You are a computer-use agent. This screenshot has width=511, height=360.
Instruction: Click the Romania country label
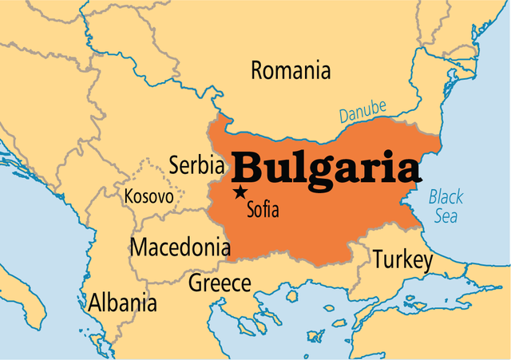click(x=291, y=71)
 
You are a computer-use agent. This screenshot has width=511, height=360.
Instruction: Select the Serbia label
click(x=196, y=165)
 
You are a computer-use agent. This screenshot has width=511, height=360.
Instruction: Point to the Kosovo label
click(x=149, y=196)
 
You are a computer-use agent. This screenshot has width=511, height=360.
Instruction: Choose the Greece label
click(x=220, y=283)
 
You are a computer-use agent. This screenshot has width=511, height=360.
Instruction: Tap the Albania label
click(x=123, y=303)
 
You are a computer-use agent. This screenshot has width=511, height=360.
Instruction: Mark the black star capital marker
click(x=240, y=192)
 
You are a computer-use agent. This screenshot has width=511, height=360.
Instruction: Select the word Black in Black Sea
click(x=446, y=196)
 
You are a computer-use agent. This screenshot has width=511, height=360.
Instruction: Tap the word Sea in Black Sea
click(x=446, y=216)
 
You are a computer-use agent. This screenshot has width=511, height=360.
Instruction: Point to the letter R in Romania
click(x=257, y=71)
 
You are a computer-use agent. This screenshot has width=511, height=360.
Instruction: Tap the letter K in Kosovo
click(x=129, y=196)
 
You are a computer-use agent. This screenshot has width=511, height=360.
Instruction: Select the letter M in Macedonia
click(x=139, y=247)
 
